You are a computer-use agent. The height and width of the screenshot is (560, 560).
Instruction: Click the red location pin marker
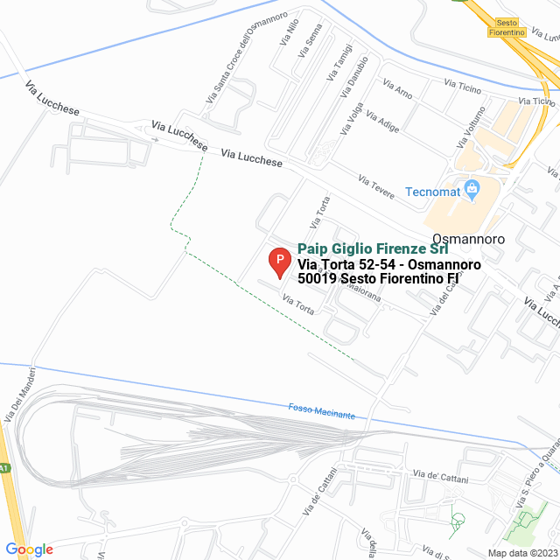click(x=278, y=261)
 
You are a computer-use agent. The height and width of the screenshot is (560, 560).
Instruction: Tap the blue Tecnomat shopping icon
click(x=472, y=187)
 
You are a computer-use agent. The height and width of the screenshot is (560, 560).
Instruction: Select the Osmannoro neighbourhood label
click(x=468, y=237)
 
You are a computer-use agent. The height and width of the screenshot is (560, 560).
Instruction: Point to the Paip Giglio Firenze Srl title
click(x=373, y=249)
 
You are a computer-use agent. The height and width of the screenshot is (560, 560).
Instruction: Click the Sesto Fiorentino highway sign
click(x=510, y=27)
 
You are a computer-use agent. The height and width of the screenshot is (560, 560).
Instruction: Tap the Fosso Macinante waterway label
click(x=322, y=411)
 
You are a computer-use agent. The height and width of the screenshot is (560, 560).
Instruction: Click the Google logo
click(x=30, y=549)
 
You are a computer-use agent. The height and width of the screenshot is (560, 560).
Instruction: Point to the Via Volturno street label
click(x=471, y=126)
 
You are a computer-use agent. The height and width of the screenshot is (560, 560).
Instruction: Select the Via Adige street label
click(x=382, y=122)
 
